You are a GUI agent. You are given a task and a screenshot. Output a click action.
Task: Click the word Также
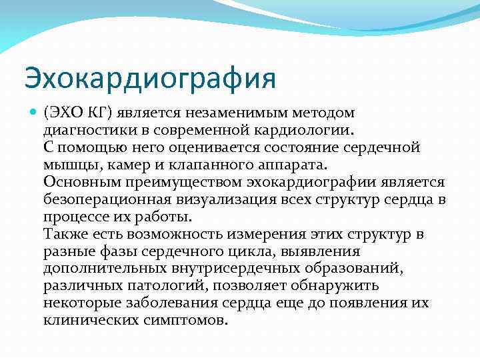click(65, 235)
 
